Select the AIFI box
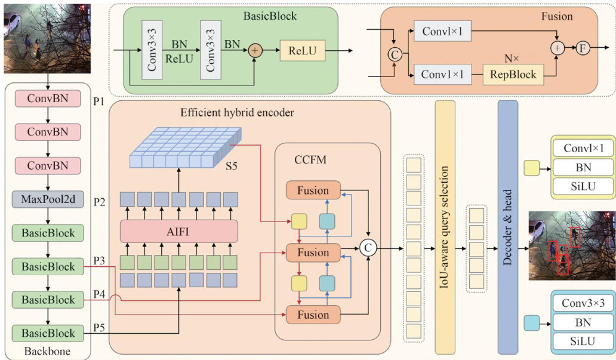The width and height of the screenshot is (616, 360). [179, 231]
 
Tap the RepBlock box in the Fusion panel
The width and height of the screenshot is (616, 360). [513, 75]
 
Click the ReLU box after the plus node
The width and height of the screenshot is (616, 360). [303, 51]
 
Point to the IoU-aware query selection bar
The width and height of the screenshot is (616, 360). [445, 227]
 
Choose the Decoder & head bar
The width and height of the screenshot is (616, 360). [507, 227]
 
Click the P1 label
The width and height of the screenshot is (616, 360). [99, 102]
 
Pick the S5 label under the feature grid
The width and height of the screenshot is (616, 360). [231, 166]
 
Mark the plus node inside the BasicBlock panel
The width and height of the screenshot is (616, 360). [255, 51]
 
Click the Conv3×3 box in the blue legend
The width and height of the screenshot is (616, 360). [583, 303]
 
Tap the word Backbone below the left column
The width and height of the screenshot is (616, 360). [47, 352]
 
